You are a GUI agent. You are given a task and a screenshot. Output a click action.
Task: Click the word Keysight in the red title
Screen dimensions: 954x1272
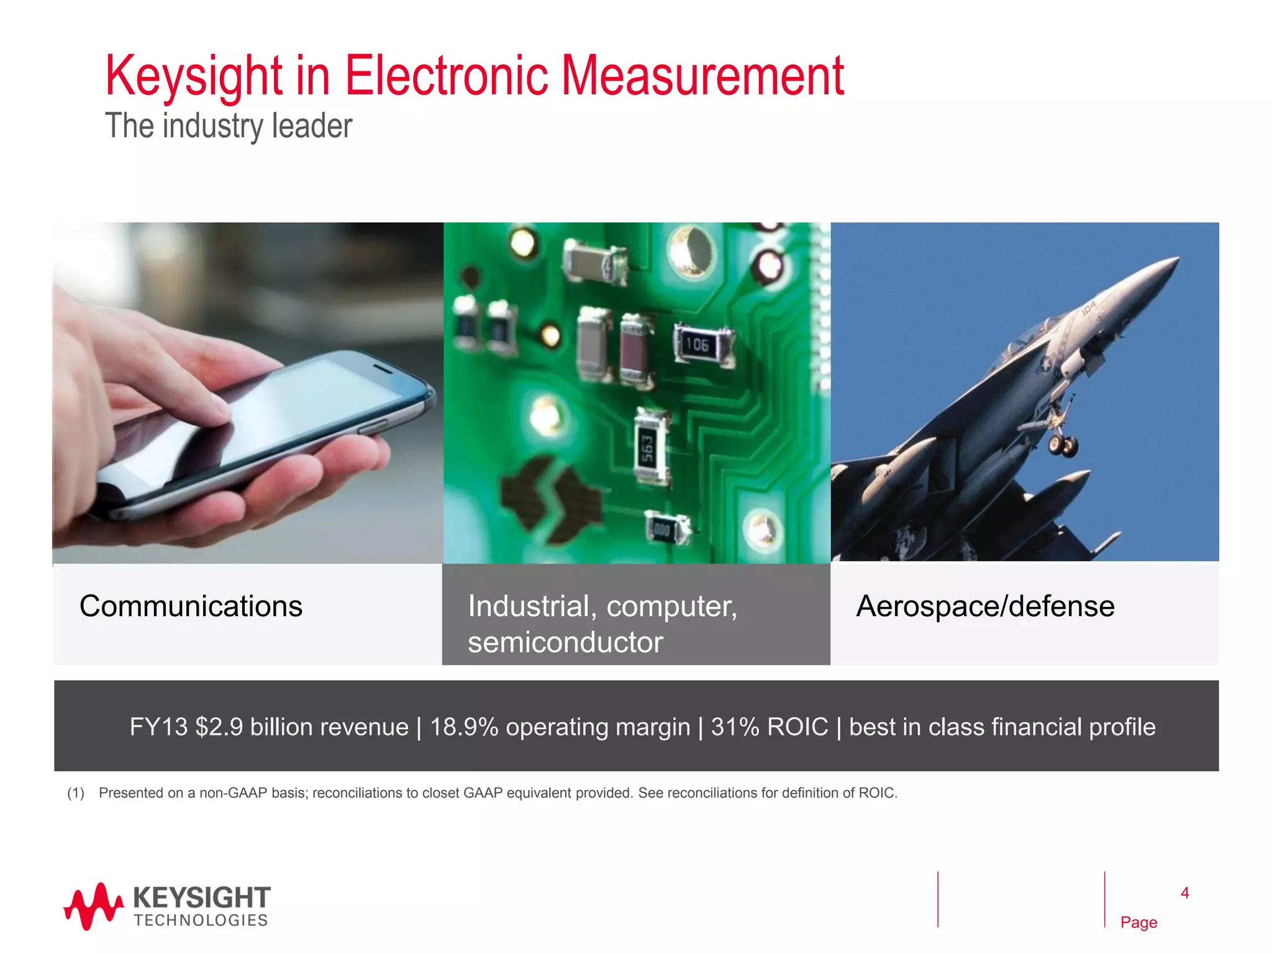tap(194, 77)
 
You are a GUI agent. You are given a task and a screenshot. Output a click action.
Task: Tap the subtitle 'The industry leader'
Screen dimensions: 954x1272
tap(229, 126)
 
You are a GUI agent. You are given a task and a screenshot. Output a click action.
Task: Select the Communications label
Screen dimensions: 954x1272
tap(191, 606)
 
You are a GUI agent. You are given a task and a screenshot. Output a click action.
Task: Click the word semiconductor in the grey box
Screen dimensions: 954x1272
tap(565, 642)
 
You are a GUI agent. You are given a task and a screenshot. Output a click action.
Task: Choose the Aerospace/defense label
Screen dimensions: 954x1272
tap(985, 606)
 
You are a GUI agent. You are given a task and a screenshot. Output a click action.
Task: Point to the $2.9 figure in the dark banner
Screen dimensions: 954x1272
tap(219, 727)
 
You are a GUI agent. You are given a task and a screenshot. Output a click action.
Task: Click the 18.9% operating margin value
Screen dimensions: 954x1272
tap(464, 727)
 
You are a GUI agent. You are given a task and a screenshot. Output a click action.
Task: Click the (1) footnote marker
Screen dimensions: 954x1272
tap(76, 793)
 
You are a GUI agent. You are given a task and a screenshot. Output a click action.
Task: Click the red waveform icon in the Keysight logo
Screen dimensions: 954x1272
tap(93, 907)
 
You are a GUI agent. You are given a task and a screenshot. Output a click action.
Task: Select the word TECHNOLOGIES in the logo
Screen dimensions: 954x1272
tap(201, 920)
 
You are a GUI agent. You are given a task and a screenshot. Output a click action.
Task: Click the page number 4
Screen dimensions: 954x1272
tap(1184, 893)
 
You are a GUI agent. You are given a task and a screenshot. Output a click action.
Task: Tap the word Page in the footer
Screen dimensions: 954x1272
tap(1138, 922)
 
